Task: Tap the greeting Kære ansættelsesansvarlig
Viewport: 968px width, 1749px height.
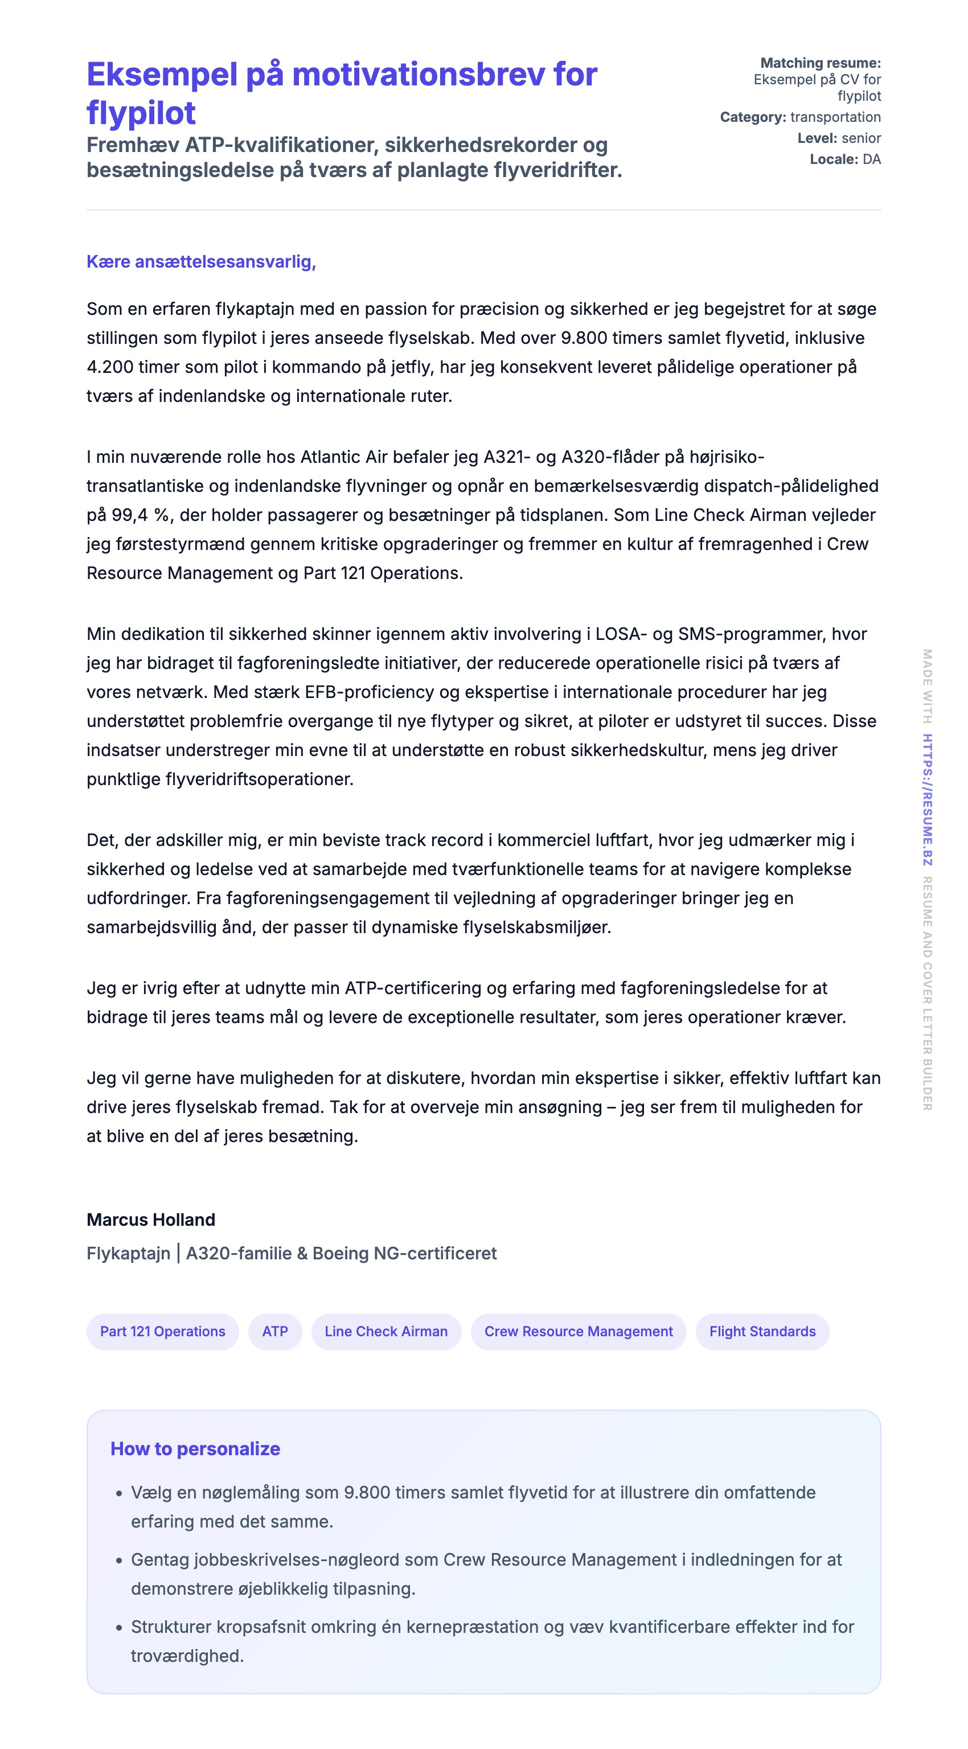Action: coord(201,261)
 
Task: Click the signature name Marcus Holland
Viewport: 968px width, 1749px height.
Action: coord(151,1220)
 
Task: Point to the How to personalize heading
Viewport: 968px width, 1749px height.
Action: coord(195,1448)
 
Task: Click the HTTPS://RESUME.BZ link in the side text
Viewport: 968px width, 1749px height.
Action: coord(926,799)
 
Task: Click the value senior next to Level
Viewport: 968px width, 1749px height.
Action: coord(861,138)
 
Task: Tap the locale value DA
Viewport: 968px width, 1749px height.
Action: coord(872,159)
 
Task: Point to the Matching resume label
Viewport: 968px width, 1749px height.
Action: coord(820,63)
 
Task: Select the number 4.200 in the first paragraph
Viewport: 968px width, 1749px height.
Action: coord(110,367)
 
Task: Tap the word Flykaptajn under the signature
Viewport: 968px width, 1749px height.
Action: coord(128,1253)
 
